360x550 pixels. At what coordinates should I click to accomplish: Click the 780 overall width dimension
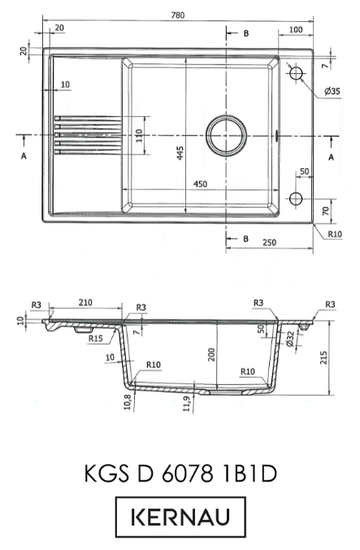178,15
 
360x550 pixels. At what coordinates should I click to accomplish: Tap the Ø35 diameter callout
332,91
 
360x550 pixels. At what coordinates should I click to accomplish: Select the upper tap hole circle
296,73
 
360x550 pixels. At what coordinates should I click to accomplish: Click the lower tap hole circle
296,198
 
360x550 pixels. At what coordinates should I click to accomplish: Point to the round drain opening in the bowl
226,135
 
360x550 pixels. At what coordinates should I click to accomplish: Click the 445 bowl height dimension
180,153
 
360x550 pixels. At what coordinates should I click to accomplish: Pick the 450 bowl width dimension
201,184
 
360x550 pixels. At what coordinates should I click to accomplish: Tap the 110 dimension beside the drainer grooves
139,136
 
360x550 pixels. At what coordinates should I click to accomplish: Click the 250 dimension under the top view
269,242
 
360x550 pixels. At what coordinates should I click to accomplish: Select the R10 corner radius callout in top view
335,234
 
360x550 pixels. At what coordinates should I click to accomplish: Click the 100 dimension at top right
296,29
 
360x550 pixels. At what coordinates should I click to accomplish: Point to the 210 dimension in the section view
85,302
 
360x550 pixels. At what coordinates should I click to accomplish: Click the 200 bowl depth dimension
211,355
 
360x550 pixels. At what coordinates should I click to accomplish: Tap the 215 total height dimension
323,357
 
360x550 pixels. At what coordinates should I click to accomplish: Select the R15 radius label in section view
95,339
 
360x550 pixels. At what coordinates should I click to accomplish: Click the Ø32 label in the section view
290,338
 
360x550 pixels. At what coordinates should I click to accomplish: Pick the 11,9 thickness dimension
187,404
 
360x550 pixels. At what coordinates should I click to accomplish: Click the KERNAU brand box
180,517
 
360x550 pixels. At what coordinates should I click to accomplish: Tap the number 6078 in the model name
188,474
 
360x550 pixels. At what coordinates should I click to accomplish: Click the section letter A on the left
24,156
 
